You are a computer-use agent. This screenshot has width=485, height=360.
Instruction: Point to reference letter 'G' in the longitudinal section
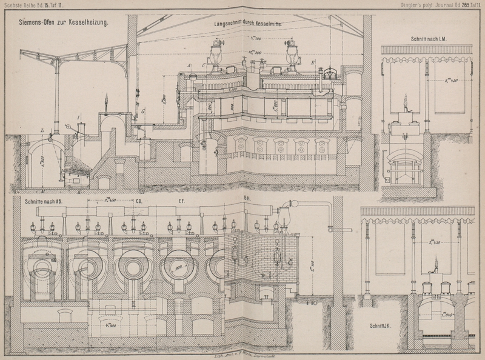tap(143, 112)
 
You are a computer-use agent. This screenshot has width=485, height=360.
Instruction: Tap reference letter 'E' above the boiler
tap(313, 63)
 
